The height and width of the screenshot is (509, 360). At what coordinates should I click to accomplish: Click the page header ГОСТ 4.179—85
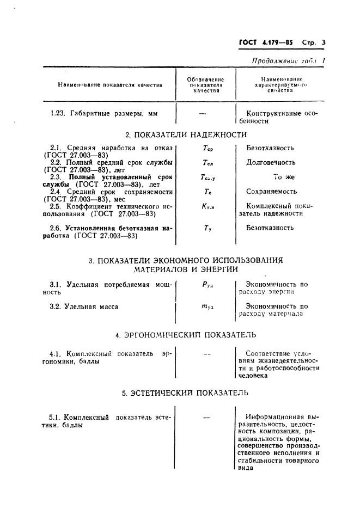click(267, 42)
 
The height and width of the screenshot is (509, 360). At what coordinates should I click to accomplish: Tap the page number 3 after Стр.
click(323, 42)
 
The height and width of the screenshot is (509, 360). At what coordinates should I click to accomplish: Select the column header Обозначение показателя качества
click(206, 85)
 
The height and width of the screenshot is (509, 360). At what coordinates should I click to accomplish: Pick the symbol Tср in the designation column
click(206, 148)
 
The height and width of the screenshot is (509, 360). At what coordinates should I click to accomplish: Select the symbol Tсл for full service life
click(206, 163)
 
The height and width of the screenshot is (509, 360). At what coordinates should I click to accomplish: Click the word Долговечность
click(271, 162)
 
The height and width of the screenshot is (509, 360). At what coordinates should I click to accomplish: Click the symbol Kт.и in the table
click(206, 207)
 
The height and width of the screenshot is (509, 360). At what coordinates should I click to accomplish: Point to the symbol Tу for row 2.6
click(207, 229)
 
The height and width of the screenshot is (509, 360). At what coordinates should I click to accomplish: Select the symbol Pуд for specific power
click(207, 284)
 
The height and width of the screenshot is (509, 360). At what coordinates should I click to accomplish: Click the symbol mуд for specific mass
click(207, 307)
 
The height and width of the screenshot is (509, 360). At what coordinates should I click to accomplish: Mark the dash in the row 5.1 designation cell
click(206, 417)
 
